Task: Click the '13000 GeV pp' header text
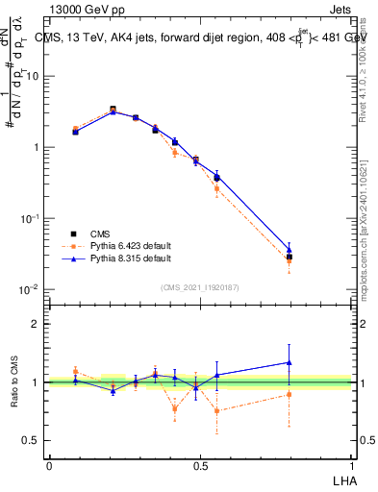click(x=85, y=9)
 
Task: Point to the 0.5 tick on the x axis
click(x=199, y=466)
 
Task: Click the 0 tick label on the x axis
click(x=49, y=466)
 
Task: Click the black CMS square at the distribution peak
click(x=113, y=110)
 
